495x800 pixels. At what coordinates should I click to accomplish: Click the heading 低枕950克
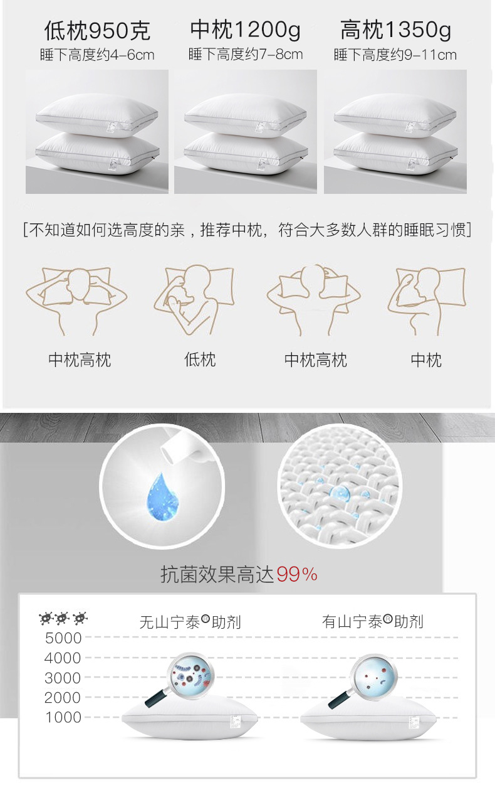click(97, 30)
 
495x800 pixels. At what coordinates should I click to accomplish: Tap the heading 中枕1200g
click(245, 29)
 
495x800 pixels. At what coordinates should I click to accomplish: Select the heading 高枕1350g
click(395, 29)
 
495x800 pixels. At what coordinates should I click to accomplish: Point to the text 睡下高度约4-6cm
click(97, 55)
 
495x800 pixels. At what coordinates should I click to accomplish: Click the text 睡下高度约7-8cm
click(245, 54)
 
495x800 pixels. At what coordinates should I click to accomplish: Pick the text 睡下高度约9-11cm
click(395, 55)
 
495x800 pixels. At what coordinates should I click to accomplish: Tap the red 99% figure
click(297, 573)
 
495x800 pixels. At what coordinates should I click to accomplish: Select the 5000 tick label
click(63, 638)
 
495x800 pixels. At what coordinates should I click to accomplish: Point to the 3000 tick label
click(63, 678)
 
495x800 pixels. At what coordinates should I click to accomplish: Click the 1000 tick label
click(63, 717)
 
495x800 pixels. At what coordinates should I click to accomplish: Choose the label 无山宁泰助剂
click(190, 622)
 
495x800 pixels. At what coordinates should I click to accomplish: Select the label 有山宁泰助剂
click(373, 621)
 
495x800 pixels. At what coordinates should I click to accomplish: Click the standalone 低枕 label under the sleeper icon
click(200, 360)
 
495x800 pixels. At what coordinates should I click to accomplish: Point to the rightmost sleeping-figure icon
click(426, 298)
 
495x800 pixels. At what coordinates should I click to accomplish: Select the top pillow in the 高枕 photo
click(395, 114)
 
